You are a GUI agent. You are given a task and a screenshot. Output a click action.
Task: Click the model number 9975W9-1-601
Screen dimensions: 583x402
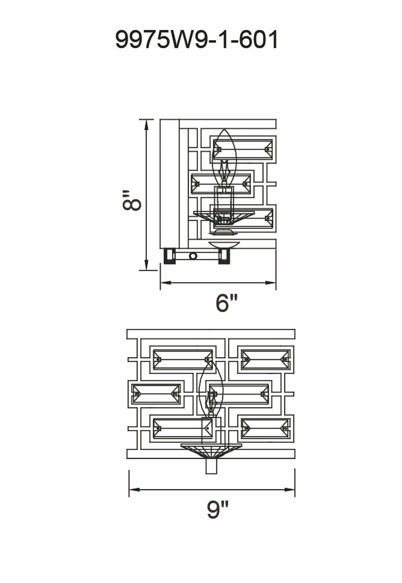[x=197, y=40]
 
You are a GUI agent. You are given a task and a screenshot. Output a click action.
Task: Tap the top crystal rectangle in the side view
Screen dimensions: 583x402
[x=243, y=149]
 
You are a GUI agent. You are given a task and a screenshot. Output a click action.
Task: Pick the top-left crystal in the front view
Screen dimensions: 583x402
[x=183, y=359]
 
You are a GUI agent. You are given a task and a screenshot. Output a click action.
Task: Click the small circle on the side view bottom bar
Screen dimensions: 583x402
[x=193, y=256]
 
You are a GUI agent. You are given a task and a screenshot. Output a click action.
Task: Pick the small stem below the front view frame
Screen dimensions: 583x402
[x=211, y=466]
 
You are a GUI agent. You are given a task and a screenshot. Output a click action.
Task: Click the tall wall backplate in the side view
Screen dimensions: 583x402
[x=170, y=184]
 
